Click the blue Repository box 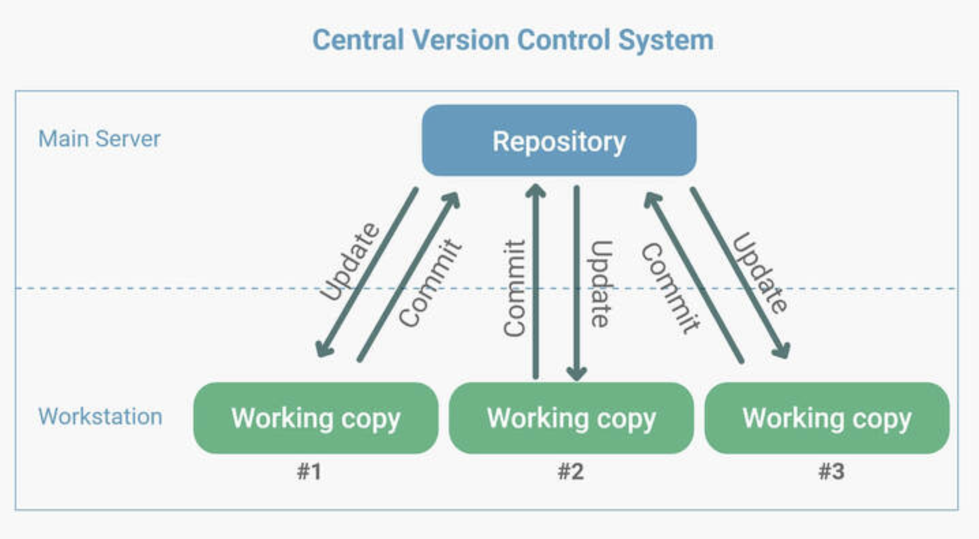559,141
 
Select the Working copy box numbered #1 316,418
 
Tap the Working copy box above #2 571,418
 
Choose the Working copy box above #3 827,418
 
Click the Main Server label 100,139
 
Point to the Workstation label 100,416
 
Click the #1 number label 309,471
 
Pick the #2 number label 571,471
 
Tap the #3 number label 831,471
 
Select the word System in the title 666,41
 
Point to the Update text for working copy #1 350,261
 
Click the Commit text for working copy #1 430,283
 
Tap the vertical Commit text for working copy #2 514,289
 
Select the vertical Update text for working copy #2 601,284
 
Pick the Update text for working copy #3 760,272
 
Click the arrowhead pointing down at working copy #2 577,374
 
